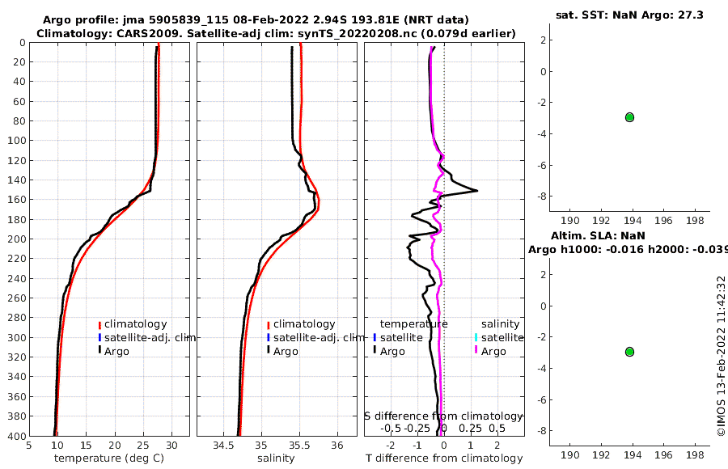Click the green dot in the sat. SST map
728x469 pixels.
pos(629,117)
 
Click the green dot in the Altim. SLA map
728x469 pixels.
pos(629,352)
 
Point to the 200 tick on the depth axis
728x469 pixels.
pos(15,239)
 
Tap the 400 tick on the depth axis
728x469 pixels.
pos(15,436)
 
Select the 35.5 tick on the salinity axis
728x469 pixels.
pos(299,444)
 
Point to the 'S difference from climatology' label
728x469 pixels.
pos(443,416)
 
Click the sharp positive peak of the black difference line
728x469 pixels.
pos(476,191)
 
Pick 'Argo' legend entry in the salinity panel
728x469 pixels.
pos(286,351)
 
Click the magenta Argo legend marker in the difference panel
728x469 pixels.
pos(476,351)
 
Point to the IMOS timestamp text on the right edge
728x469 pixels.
pos(721,356)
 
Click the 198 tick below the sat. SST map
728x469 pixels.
pos(695,221)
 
